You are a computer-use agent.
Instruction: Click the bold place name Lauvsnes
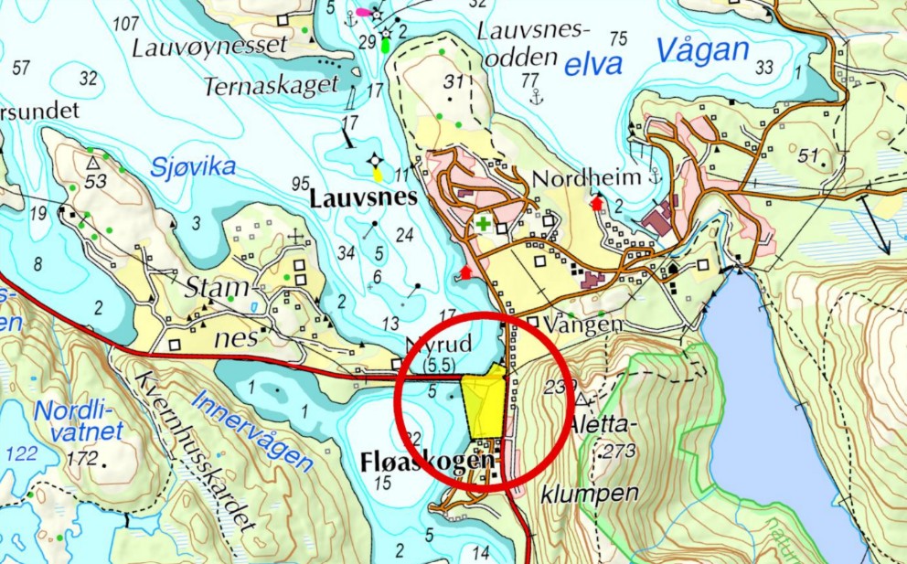(363, 197)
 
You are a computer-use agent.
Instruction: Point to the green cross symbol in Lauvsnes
(482, 224)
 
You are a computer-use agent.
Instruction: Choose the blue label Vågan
(702, 51)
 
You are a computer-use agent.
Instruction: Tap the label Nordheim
(575, 177)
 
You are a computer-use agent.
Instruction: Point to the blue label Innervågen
(253, 431)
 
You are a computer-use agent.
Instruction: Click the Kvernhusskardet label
(194, 452)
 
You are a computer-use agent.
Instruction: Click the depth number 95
(301, 184)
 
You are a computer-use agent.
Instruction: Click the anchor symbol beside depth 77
(537, 97)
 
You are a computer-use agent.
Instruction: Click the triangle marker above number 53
(92, 162)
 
